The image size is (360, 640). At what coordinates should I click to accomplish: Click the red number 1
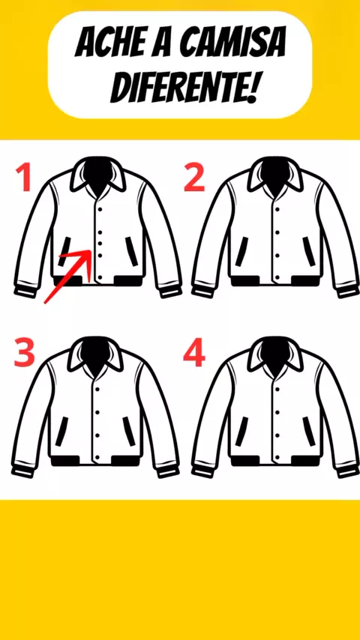point(24,178)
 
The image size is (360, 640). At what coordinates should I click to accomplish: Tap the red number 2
point(193,178)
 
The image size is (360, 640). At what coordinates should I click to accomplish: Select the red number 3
point(24,351)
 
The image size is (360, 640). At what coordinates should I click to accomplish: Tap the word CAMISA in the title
point(232,43)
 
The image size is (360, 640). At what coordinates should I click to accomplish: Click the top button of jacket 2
point(277,209)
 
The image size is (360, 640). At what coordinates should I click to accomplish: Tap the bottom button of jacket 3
point(97,447)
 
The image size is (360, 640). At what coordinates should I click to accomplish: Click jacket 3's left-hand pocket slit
point(62,431)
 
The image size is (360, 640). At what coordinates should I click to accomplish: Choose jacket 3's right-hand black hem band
point(127,461)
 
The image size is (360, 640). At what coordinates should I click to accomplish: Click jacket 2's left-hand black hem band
point(245,281)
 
